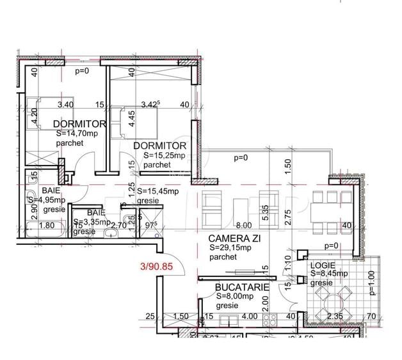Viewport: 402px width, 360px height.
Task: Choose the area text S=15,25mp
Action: coord(165,155)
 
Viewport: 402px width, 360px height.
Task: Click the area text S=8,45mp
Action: coord(330,274)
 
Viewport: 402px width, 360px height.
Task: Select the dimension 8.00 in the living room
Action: coord(243,226)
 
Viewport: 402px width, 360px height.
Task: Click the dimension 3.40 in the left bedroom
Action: coord(65,104)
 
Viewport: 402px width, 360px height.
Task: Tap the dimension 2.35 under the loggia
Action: coord(335,316)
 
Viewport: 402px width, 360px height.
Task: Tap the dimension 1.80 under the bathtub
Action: coord(46,225)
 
